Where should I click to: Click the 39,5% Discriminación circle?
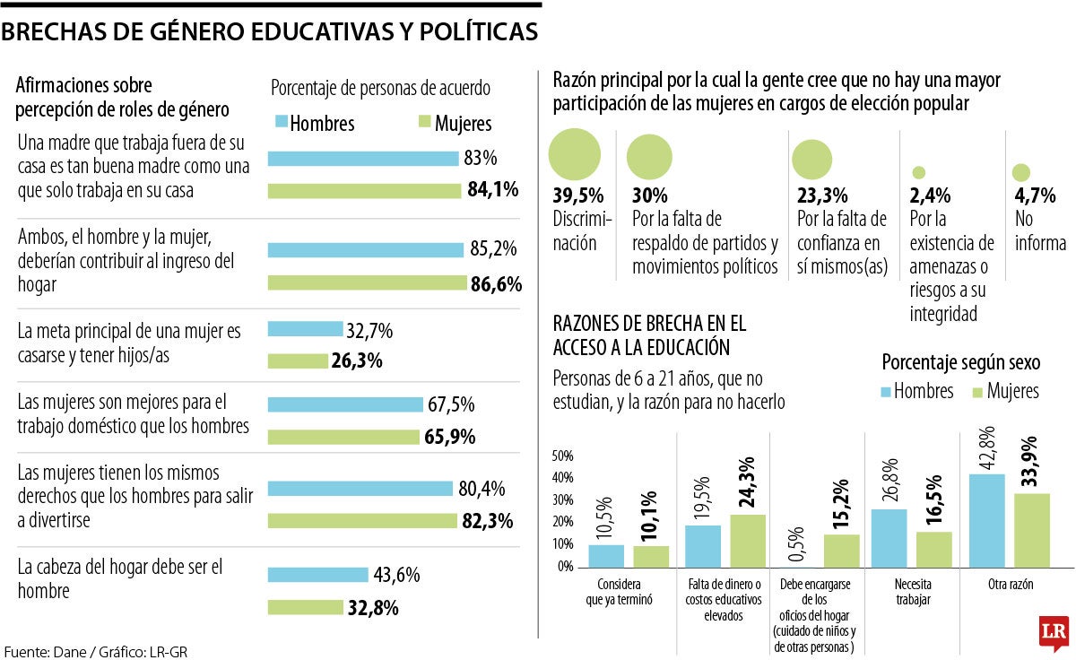(x=574, y=154)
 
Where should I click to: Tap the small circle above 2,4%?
(x=918, y=172)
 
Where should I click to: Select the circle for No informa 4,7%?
(x=1020, y=172)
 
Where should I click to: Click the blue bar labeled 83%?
(x=363, y=159)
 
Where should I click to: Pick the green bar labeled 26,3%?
(x=299, y=360)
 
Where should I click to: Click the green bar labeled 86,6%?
(x=369, y=283)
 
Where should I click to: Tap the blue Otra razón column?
(x=987, y=521)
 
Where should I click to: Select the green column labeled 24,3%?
(x=748, y=541)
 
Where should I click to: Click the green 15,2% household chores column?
(x=841, y=551)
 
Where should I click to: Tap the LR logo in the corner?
(x=1051, y=633)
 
